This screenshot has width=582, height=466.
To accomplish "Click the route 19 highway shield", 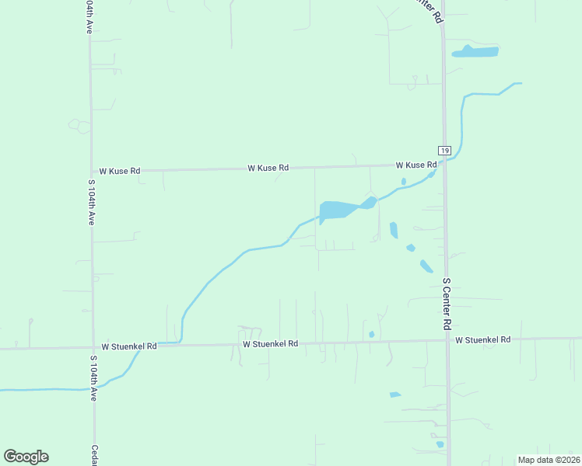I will [x=444, y=151].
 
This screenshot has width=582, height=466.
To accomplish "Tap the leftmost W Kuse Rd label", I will [x=120, y=171].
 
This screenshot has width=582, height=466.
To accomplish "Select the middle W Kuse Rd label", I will [x=268, y=168].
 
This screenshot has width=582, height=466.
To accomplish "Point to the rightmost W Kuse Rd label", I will [x=415, y=165].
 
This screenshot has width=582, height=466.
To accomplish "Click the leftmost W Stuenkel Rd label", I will [x=129, y=346].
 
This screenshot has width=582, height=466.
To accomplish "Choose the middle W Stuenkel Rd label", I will [x=270, y=343].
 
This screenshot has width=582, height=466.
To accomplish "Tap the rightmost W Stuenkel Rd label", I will [x=482, y=340].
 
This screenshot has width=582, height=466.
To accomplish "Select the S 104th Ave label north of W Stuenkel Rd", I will [x=92, y=203].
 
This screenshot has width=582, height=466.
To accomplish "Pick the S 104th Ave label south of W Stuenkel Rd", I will [x=93, y=378].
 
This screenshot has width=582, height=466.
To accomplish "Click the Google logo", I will [x=26, y=457].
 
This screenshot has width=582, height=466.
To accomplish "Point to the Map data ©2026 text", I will [x=549, y=460].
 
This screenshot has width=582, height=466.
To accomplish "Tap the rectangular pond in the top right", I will [x=476, y=52].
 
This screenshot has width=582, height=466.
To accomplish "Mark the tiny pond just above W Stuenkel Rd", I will [x=372, y=334].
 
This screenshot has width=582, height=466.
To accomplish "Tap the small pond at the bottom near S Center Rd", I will [x=440, y=444].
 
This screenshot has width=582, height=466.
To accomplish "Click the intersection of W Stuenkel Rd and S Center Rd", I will [x=447, y=340].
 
